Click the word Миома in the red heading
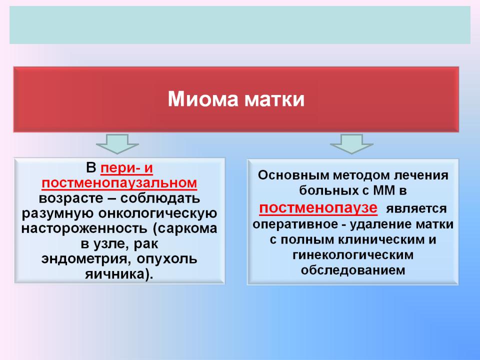click(203, 99)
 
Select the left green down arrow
click(117, 143)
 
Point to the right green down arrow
click(351, 143)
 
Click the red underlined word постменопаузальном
click(119, 183)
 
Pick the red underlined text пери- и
click(126, 168)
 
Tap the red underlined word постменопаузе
click(318, 208)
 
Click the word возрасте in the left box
click(71, 198)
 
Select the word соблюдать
click(160, 198)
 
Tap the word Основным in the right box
click(293, 175)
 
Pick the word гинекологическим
click(353, 254)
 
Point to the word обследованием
click(353, 270)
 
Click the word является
click(416, 209)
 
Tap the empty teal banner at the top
click(240, 25)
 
